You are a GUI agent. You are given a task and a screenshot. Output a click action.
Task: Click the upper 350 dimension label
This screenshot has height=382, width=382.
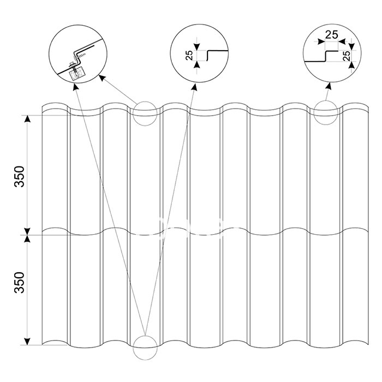[x=20, y=176]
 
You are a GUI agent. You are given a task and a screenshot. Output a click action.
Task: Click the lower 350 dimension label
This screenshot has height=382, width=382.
[x=20, y=282]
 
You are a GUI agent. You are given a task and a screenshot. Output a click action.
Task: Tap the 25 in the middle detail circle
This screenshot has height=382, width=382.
[x=189, y=55]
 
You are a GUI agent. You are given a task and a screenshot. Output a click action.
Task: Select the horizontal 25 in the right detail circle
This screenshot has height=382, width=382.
[x=332, y=35]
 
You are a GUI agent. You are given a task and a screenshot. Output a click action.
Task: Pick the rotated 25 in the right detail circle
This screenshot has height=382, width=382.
[x=347, y=56]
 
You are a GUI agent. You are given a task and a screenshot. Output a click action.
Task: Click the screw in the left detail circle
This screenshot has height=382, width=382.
[x=73, y=66]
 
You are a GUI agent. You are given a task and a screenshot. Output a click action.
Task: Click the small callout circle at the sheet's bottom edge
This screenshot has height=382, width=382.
[x=145, y=348]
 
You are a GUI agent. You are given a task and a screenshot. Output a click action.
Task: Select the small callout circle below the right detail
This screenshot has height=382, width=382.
[x=326, y=112]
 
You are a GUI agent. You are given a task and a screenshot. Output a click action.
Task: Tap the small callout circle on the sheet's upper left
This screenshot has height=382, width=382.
[x=145, y=114]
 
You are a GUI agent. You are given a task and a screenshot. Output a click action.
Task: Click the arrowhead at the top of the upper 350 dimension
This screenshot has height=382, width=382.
[x=27, y=118]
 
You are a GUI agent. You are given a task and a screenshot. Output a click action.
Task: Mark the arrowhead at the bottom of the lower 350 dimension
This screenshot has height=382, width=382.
[x=27, y=342]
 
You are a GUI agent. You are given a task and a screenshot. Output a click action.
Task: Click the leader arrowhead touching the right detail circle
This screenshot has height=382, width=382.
[x=329, y=86]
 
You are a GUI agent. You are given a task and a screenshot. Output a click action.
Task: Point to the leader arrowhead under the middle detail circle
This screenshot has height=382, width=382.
[x=194, y=87]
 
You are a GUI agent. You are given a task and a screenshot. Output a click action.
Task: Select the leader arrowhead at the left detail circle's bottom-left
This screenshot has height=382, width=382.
[x=75, y=87]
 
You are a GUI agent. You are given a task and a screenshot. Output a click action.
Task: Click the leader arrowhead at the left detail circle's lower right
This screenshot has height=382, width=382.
[x=102, y=78]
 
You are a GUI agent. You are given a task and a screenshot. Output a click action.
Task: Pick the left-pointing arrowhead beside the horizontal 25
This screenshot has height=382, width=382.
[x=342, y=41]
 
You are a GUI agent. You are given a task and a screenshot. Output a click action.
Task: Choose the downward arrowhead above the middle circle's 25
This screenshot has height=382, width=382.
[x=197, y=47]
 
